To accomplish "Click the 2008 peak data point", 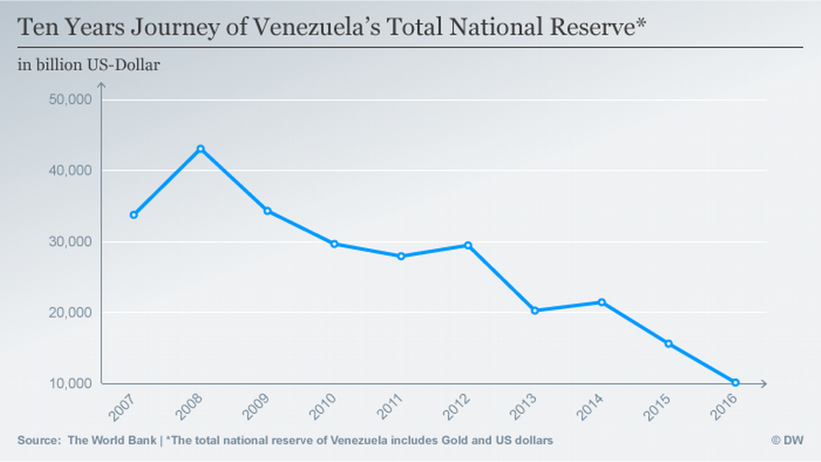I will click(x=200, y=148).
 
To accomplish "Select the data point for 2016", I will click(x=735, y=383).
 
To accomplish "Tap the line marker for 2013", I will click(x=535, y=310).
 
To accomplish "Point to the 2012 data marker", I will click(x=468, y=245).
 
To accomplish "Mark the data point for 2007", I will click(x=134, y=215).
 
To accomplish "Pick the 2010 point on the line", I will click(x=334, y=244).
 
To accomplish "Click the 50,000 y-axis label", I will click(x=68, y=100).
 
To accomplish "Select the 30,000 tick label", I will click(x=68, y=242).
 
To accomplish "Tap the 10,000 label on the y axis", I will click(x=68, y=383).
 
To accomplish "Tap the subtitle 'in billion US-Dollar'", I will click(x=88, y=64).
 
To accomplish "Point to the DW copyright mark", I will click(x=787, y=440).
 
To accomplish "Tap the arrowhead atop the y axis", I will click(x=100, y=85).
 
